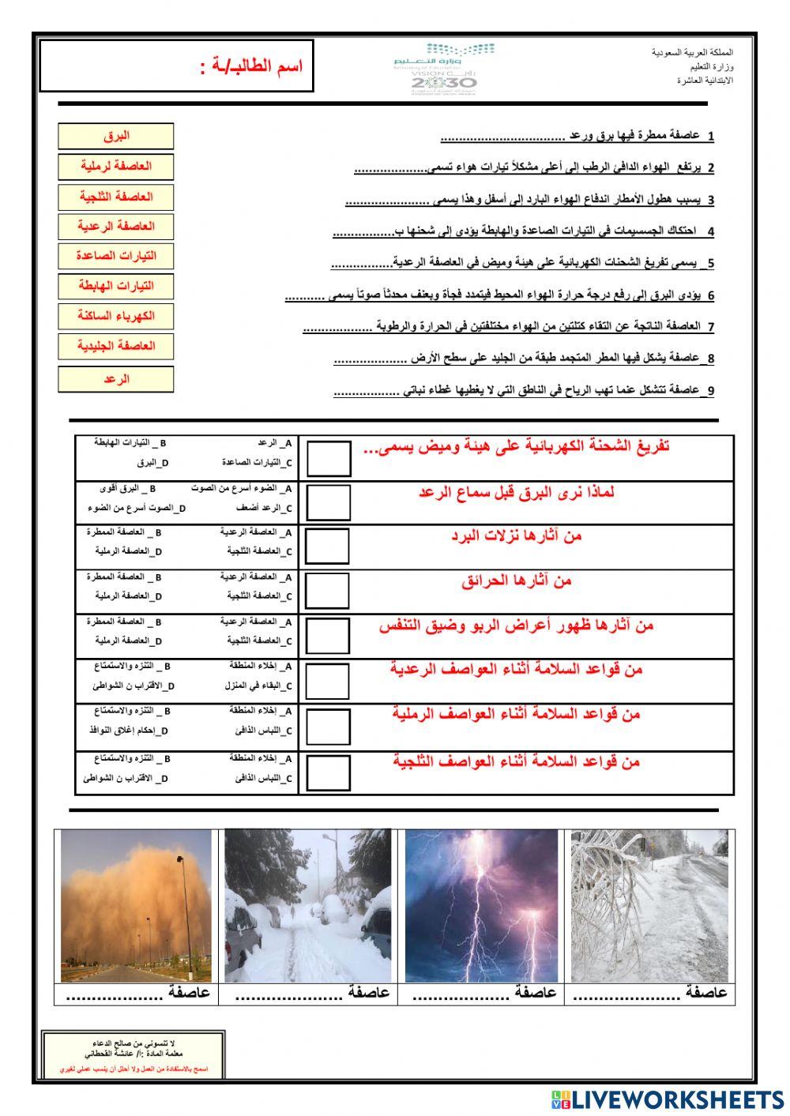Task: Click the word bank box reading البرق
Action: (115, 136)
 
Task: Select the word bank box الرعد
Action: (115, 379)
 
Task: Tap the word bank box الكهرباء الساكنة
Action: (115, 316)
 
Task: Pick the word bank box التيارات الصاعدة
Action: (115, 256)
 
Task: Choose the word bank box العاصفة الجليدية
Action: (115, 346)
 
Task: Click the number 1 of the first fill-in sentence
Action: (711, 137)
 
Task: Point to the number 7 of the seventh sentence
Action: (711, 327)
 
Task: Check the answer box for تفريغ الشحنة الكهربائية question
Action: (329, 458)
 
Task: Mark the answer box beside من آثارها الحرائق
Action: (327, 591)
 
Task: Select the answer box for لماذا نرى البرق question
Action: (329, 502)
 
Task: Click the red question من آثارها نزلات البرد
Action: (517, 536)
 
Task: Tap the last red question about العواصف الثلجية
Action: (517, 761)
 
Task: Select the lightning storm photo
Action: (481, 905)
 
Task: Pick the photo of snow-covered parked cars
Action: (307, 905)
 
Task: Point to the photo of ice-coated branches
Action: (650, 905)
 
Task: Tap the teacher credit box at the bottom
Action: (134, 1055)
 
